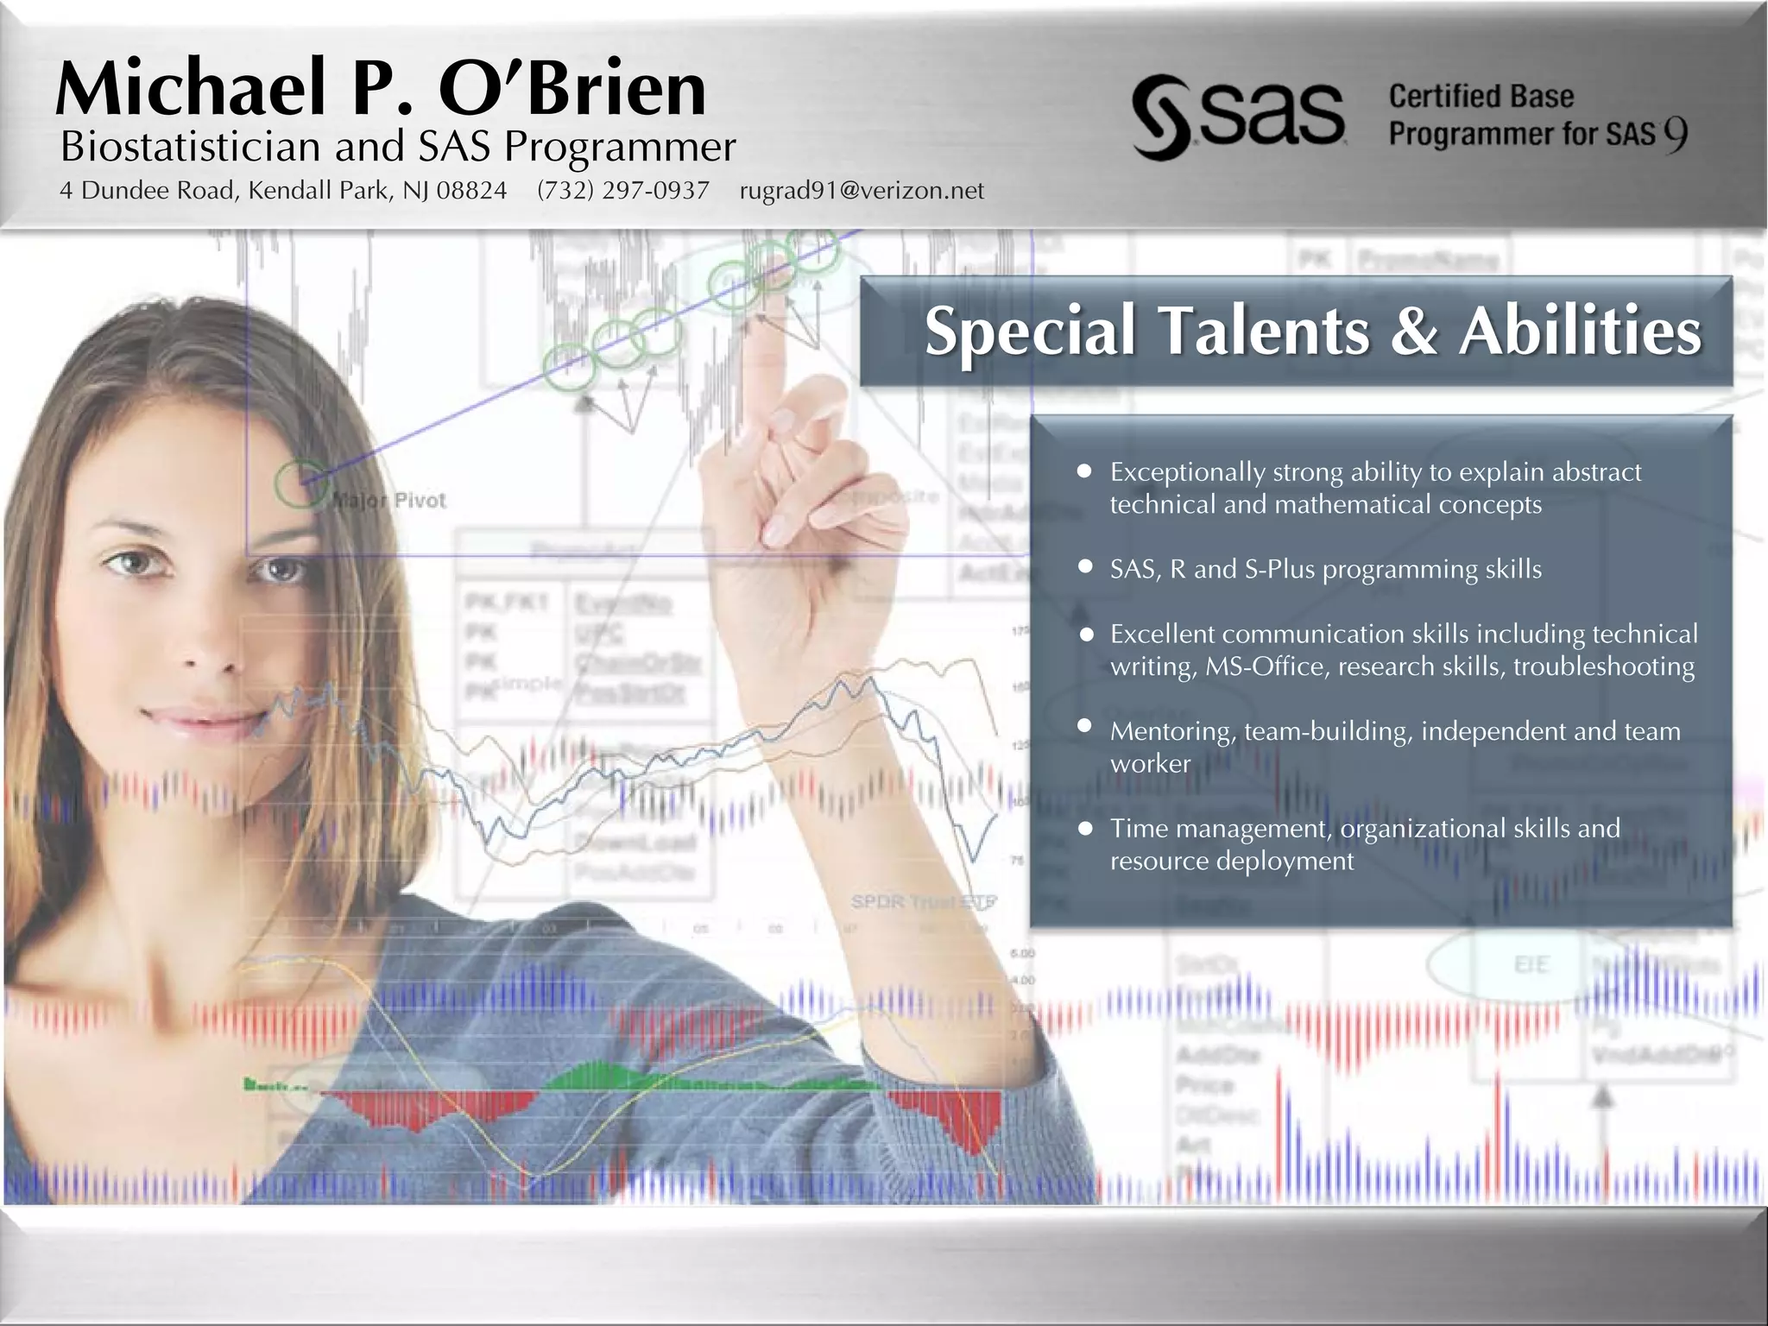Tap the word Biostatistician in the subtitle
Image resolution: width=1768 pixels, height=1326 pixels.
(190, 147)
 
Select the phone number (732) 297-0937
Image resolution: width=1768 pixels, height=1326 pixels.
(622, 190)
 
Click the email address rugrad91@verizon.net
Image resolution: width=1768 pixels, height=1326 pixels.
(862, 190)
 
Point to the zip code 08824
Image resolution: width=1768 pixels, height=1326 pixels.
(471, 190)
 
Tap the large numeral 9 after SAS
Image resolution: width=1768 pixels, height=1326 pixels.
(1675, 135)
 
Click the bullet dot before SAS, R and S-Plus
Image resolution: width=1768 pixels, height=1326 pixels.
(1085, 567)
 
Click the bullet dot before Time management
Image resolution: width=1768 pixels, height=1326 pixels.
(1085, 827)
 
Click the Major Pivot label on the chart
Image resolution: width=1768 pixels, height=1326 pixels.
(389, 500)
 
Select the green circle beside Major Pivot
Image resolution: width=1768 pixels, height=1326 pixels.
(300, 483)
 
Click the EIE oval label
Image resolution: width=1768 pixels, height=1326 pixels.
(1531, 963)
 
